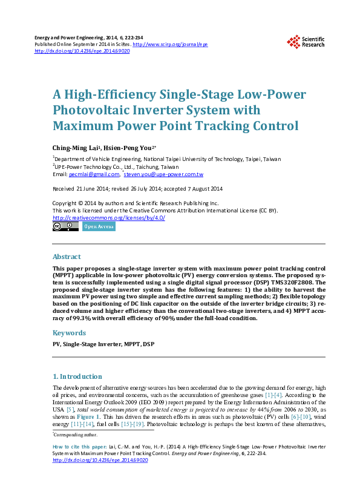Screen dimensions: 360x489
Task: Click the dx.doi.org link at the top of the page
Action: tap(82, 51)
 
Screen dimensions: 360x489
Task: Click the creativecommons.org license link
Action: tap(109, 218)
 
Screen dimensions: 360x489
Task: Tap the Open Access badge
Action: tap(99, 227)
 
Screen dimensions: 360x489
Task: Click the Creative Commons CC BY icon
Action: tap(66, 227)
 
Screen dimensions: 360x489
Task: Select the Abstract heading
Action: tap(67, 257)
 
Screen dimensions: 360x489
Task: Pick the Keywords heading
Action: tap(68, 333)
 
